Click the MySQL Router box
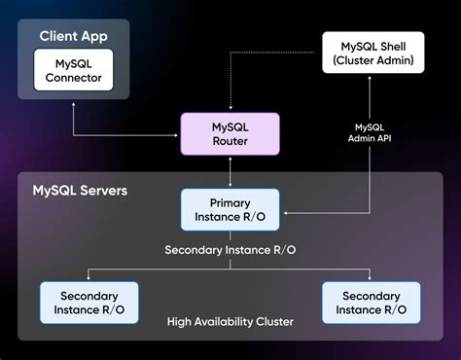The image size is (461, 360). click(230, 134)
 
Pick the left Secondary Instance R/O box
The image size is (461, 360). click(89, 303)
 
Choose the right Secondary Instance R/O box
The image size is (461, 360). click(372, 303)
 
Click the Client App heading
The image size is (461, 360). click(74, 36)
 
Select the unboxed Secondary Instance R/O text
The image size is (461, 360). click(230, 249)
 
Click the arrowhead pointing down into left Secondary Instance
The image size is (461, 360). click(89, 278)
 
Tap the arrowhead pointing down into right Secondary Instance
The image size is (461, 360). click(372, 278)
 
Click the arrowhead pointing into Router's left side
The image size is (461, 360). click(179, 134)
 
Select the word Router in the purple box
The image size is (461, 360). click(230, 142)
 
